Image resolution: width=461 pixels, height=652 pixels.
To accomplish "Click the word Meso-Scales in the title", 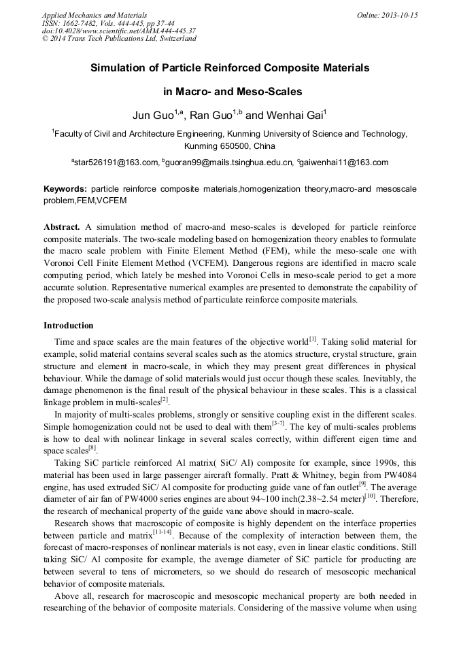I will coord(267,91).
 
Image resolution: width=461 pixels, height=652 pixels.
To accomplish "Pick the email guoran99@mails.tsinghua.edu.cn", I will coord(229,162).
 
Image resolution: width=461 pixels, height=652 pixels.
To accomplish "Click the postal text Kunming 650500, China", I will coord(230,145).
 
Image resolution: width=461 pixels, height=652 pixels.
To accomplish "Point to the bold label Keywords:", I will coord(65,188).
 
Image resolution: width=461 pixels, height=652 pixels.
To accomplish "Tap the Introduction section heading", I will coord(69,326).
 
